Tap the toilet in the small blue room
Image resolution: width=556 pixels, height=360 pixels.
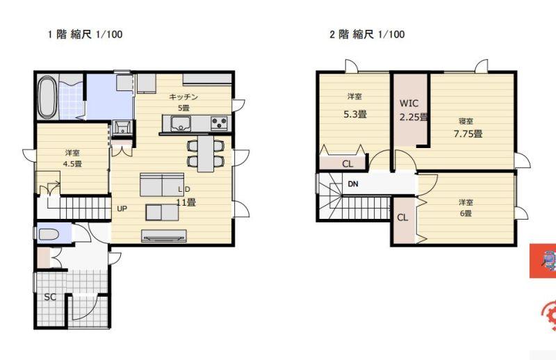coord(49,234)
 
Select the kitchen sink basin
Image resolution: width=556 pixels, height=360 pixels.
coord(181,124)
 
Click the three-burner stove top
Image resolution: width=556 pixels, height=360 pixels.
coord(219,123)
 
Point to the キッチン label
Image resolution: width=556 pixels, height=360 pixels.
coord(183,97)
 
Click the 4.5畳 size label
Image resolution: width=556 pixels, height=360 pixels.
coord(72,164)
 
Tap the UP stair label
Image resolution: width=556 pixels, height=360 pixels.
coord(122,208)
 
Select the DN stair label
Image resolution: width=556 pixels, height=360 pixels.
coord(353,184)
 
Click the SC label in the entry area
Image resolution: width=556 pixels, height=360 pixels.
coord(50,297)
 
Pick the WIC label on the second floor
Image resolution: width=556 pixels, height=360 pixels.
coord(409,104)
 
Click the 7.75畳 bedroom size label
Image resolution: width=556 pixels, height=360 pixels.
coord(468,133)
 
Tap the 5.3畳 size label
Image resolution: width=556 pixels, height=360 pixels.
coord(355,114)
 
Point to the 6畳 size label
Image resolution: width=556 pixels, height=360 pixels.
coord(466,213)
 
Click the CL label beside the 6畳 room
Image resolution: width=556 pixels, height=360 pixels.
coord(402,218)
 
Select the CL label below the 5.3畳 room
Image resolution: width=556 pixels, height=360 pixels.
coord(347,164)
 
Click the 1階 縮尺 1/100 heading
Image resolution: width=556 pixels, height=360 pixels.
coord(85,35)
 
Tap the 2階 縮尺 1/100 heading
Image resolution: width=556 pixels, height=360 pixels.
coord(368,35)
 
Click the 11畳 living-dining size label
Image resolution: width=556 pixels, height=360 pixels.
coord(186,202)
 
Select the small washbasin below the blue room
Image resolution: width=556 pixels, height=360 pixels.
coord(122,127)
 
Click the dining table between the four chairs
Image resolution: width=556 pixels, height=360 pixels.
coord(206,154)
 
